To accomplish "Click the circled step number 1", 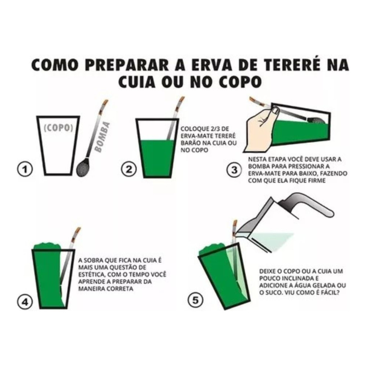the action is point(25,169).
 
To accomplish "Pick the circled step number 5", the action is point(195,300).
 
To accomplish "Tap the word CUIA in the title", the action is point(139,82).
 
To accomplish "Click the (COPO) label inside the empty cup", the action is point(59,128).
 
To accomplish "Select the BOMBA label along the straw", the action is point(102,137).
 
